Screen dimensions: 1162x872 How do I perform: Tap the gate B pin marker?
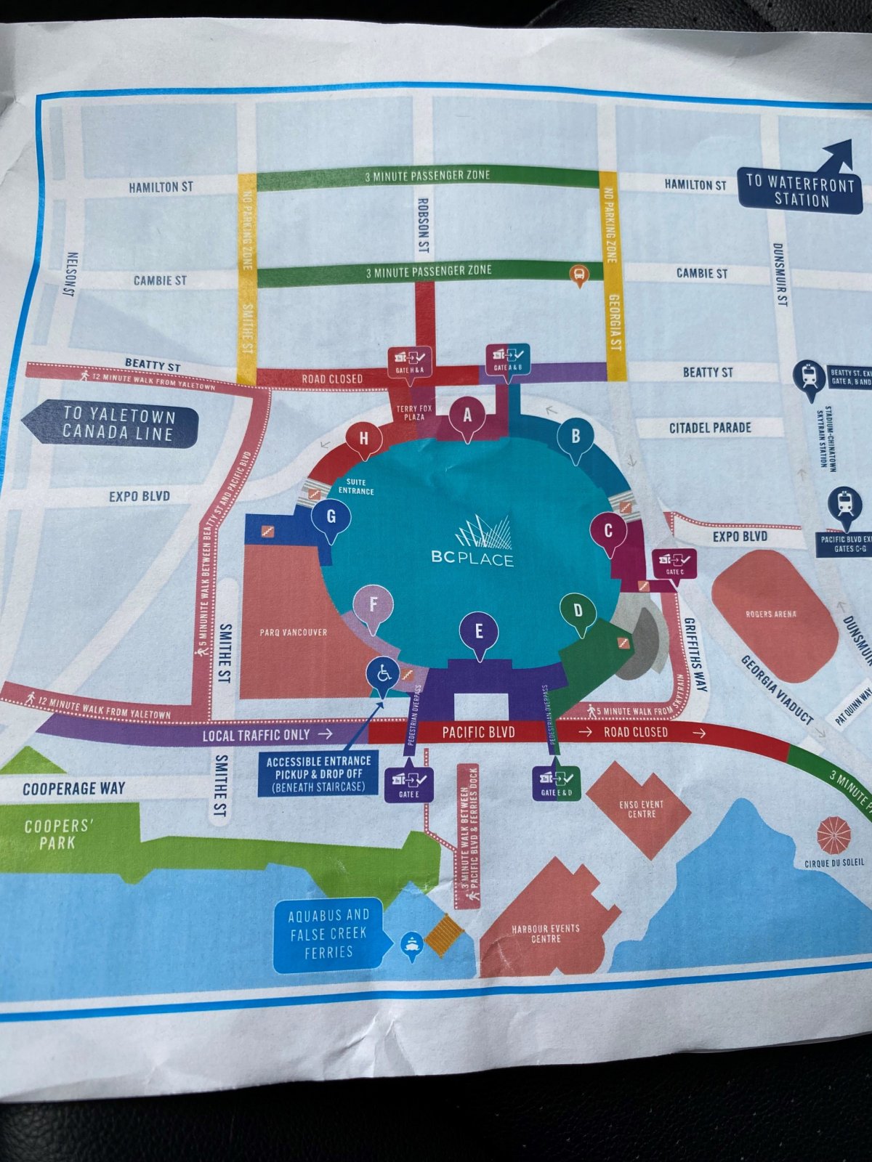coord(576,438)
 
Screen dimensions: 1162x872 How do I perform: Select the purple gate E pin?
coord(478,633)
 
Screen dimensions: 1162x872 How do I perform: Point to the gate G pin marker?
coord(331,519)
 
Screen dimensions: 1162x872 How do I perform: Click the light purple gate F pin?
coord(373,606)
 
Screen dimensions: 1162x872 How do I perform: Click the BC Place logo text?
coord(472,558)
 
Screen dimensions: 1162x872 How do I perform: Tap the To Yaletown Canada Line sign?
coord(118,425)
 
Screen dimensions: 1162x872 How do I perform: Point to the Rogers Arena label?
coord(771,614)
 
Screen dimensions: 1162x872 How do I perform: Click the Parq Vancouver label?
coord(294,633)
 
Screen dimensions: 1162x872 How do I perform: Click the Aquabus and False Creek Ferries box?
coord(328,933)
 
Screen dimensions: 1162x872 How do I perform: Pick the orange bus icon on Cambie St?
coord(578,275)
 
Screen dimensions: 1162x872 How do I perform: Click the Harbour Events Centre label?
coord(546,933)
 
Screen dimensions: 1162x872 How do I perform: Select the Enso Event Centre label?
coord(641,809)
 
